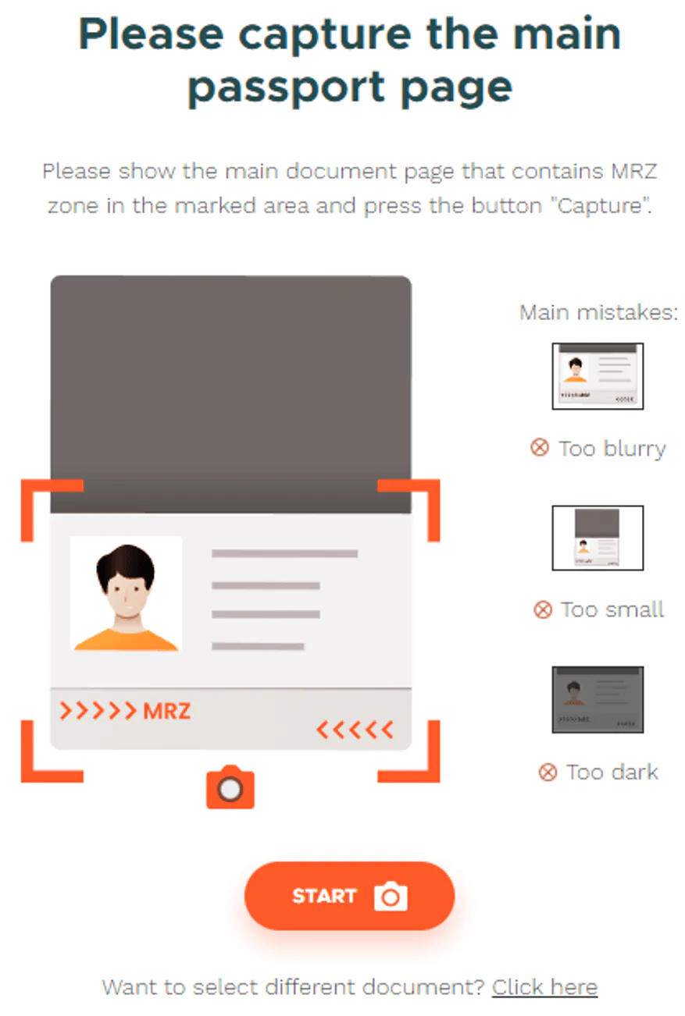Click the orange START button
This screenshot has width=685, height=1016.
[x=349, y=896]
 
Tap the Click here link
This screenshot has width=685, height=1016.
[x=544, y=987]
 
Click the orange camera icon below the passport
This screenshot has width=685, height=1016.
[x=230, y=787]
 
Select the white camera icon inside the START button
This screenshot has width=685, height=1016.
[x=391, y=896]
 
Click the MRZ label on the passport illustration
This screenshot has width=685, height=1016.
[x=166, y=711]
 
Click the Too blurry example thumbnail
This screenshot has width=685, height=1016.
[x=598, y=376]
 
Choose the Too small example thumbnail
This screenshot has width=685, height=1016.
[x=598, y=538]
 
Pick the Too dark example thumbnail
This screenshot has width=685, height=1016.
[x=598, y=699]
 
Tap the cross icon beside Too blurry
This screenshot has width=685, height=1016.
[x=539, y=448]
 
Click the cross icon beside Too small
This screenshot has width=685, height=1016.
[x=543, y=609]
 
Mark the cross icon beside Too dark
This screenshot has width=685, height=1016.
[x=548, y=772]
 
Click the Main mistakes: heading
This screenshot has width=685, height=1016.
[x=598, y=312]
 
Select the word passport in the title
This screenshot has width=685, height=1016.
[x=287, y=88]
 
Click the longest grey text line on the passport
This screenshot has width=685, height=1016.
[x=284, y=553]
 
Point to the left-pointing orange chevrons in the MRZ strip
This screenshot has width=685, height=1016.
[x=355, y=730]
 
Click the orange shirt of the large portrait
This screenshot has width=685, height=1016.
[x=126, y=640]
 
